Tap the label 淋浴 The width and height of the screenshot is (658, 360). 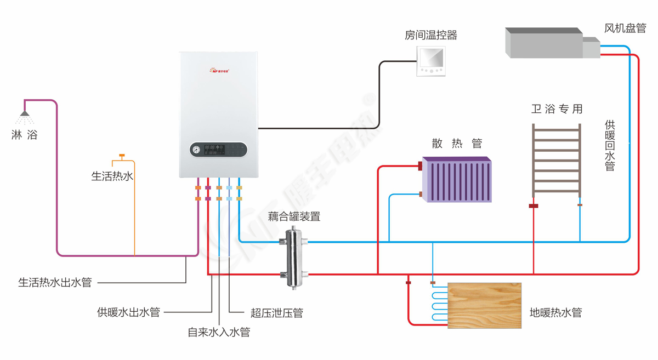[x=24, y=134]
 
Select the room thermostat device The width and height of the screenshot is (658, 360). [x=431, y=60]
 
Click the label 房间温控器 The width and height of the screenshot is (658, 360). [x=430, y=36]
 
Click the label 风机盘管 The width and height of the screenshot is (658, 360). [x=625, y=28]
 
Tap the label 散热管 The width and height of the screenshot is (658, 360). [x=457, y=144]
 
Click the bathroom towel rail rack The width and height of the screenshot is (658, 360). [x=556, y=159]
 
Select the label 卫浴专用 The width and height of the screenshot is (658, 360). [x=557, y=109]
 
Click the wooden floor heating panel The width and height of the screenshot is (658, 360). [x=484, y=305]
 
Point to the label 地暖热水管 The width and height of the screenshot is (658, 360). [x=555, y=313]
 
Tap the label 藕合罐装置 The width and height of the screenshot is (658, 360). [x=294, y=216]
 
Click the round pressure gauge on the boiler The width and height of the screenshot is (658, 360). [x=196, y=149]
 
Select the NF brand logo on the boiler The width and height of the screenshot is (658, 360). [x=219, y=70]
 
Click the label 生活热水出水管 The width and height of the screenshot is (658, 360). [x=55, y=283]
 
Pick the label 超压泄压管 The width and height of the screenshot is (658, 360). [x=276, y=313]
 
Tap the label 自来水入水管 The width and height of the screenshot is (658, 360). [x=219, y=332]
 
